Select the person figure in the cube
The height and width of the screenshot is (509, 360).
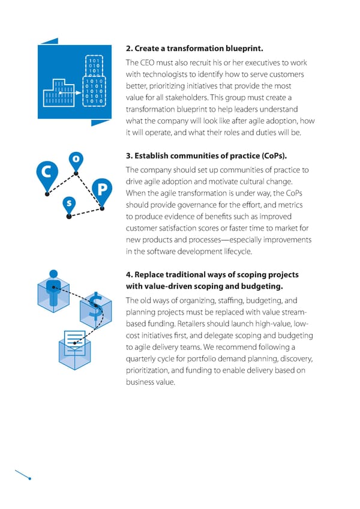(x=54, y=286)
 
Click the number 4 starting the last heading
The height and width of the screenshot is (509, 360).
(x=128, y=274)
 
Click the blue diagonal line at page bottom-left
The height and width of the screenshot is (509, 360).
(x=22, y=474)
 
